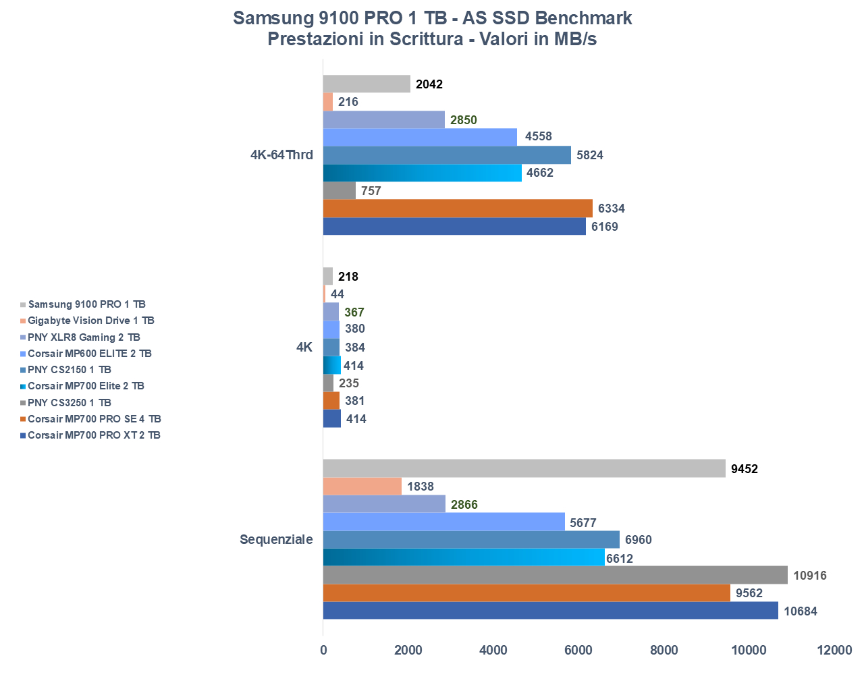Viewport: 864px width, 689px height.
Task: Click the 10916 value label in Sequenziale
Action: point(809,576)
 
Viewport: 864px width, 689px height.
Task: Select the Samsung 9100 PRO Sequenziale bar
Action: point(524,468)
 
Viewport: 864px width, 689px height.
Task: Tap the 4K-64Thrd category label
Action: point(281,155)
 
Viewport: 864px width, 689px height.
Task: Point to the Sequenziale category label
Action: point(276,539)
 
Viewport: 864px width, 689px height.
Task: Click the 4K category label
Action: point(304,347)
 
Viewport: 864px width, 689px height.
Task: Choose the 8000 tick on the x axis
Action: point(664,650)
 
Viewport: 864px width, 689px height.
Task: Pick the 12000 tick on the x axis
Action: point(834,650)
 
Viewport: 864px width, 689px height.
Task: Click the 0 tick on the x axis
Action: point(323,650)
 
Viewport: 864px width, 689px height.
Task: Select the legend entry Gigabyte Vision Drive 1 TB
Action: point(90,321)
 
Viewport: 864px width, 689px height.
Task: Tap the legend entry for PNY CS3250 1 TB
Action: point(69,402)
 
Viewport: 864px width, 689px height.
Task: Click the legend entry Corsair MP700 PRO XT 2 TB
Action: point(94,435)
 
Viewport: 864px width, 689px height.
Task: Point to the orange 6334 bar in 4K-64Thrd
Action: point(458,209)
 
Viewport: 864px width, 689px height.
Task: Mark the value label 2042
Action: point(429,84)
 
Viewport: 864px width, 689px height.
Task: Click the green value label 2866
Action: point(464,505)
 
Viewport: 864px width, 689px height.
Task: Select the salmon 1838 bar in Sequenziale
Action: point(362,487)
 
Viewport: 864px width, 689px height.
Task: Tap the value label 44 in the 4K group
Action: point(337,294)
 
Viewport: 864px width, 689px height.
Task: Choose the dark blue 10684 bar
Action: point(550,611)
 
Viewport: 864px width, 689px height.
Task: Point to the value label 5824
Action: point(589,155)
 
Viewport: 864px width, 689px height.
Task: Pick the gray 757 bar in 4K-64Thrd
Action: point(340,191)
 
